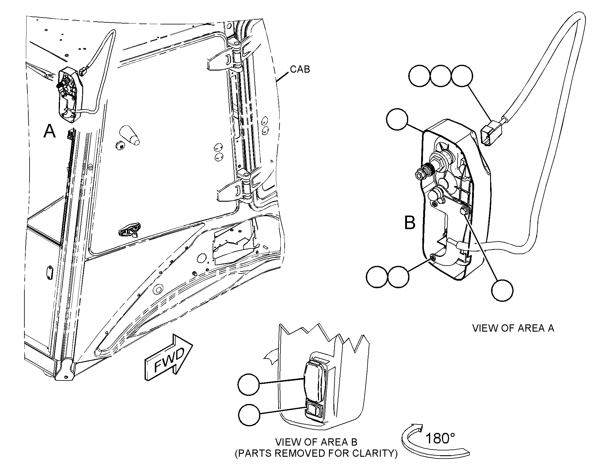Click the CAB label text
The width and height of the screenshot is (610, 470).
(300, 69)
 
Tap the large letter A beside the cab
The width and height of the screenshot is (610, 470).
(50, 131)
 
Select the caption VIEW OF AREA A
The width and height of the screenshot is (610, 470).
(513, 328)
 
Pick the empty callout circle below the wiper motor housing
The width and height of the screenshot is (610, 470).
(502, 290)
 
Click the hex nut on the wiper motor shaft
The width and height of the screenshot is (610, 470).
(419, 174)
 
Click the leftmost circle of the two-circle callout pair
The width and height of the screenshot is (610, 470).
(377, 276)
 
